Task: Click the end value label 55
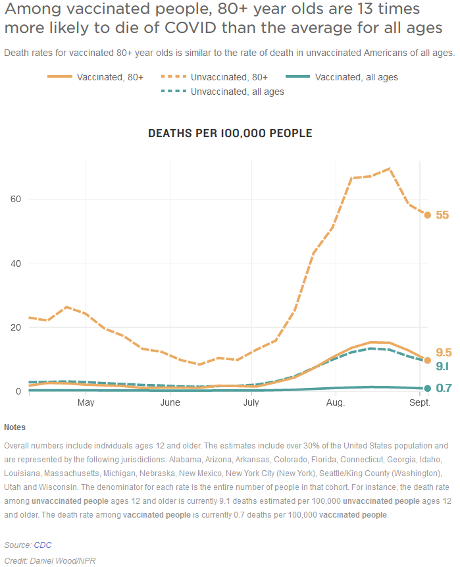442,215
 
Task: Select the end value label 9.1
443,366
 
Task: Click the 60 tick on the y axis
15,199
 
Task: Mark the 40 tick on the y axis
15,263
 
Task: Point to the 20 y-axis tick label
15,327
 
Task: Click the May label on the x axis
86,402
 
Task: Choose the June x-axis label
170,402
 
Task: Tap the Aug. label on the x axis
336,402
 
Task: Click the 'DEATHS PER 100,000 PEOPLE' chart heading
230,133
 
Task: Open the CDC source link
43,545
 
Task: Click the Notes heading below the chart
14,427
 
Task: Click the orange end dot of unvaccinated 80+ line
427,215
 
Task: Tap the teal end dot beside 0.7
427,389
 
